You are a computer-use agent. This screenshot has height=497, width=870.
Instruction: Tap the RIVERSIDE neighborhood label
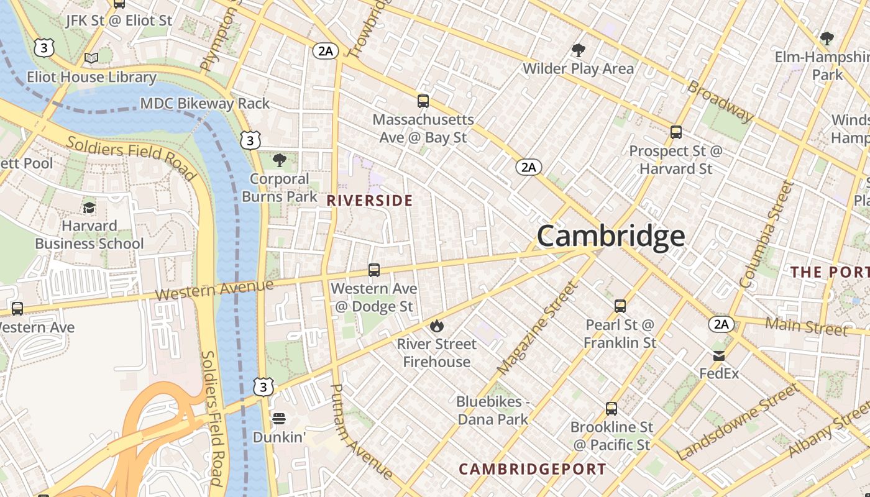click(370, 201)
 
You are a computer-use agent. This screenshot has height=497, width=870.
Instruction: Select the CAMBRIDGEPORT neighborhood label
click(533, 469)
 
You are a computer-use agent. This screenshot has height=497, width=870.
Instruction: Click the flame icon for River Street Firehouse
click(437, 326)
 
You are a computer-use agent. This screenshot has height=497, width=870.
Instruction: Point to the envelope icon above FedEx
click(719, 356)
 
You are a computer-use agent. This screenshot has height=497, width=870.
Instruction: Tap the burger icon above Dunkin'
click(278, 418)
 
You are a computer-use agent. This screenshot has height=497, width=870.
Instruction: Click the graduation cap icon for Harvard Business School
click(89, 207)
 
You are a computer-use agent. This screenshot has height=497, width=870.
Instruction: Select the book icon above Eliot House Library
click(91, 58)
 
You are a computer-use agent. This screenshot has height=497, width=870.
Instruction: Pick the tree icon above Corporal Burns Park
click(280, 160)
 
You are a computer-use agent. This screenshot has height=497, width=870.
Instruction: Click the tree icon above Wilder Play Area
click(579, 50)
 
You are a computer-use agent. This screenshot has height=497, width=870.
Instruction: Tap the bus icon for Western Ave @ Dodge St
click(374, 270)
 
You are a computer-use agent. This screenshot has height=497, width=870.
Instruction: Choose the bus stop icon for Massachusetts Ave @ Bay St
click(423, 101)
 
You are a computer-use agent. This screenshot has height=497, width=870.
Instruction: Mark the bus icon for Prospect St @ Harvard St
click(676, 132)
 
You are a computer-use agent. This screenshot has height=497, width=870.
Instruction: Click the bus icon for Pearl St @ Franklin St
click(620, 306)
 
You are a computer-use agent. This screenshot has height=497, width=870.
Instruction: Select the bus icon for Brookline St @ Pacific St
click(611, 409)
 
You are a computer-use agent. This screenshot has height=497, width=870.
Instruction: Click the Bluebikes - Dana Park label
click(493, 411)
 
